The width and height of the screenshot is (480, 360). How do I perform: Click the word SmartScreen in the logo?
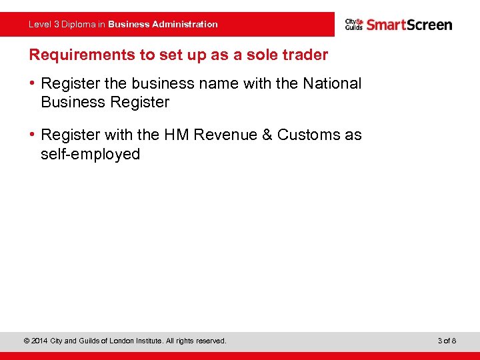pyautogui.click(x=409, y=25)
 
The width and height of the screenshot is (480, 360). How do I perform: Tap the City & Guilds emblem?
pyautogui.click(x=354, y=25)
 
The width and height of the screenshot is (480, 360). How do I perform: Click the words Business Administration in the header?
pyautogui.click(x=163, y=24)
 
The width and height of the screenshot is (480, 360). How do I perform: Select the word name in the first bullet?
pyautogui.click(x=234, y=83)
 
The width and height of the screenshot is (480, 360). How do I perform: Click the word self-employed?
pyautogui.click(x=91, y=154)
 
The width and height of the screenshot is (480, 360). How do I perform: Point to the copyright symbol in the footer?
pyautogui.click(x=26, y=341)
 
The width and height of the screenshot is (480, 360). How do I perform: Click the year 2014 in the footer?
pyautogui.click(x=39, y=341)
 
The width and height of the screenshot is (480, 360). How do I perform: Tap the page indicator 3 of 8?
pyautogui.click(x=447, y=341)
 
